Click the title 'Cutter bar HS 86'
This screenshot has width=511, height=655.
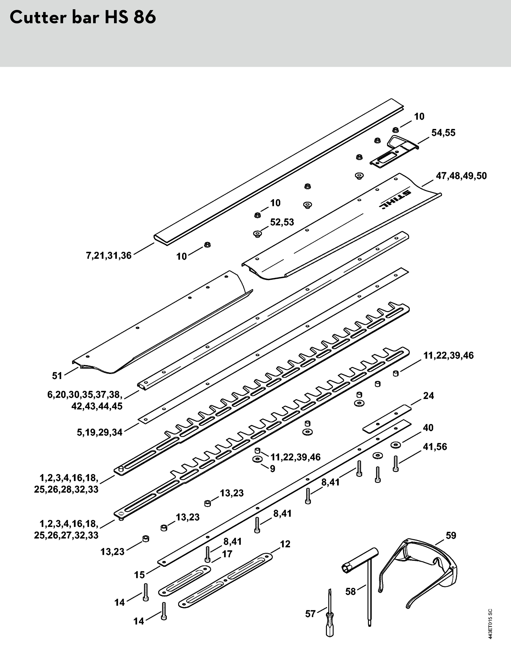pyautogui.click(x=83, y=18)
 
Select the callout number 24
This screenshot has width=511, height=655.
pyautogui.click(x=429, y=396)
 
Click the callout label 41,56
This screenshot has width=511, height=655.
pyautogui.click(x=435, y=447)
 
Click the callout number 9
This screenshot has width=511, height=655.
pyautogui.click(x=272, y=468)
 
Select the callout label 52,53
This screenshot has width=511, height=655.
pyautogui.click(x=282, y=222)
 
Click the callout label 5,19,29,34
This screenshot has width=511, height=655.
pyautogui.click(x=100, y=432)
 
